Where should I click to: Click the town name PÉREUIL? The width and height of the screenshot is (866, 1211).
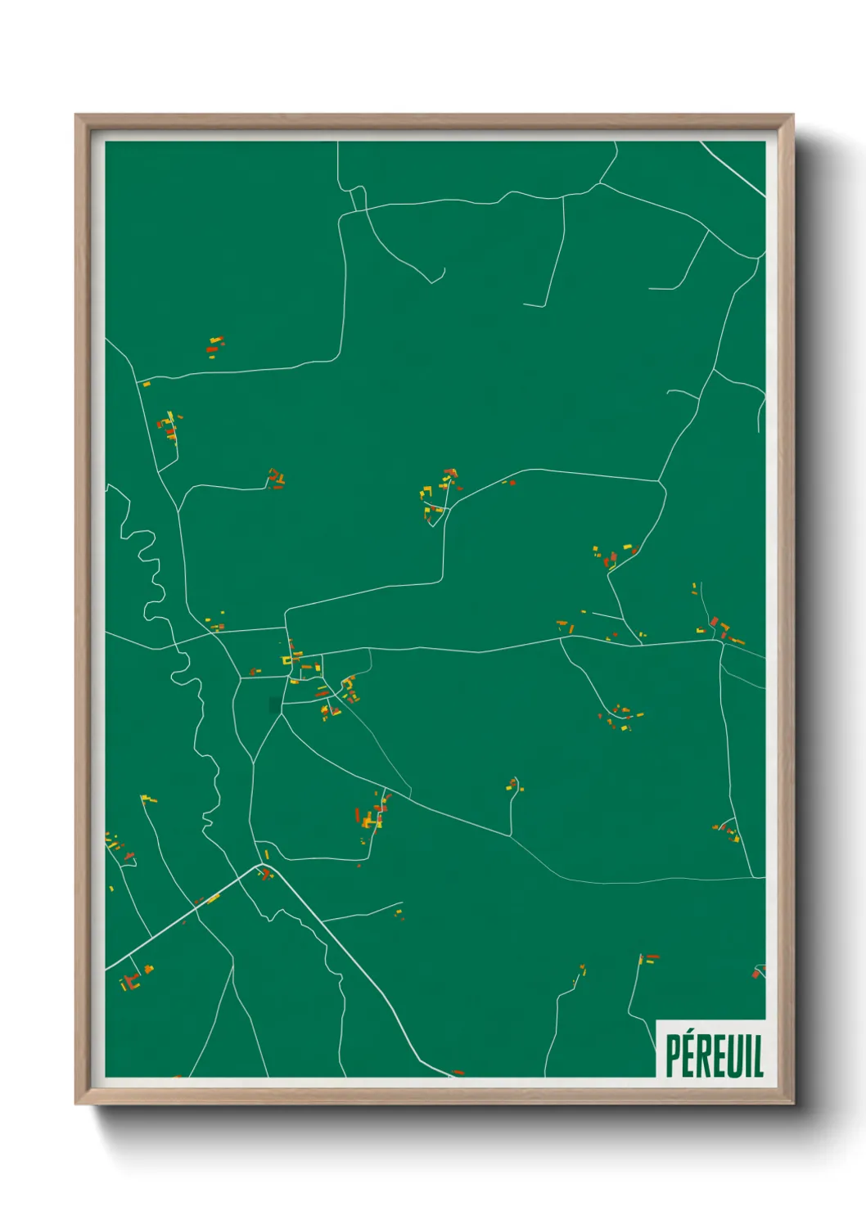tap(714, 1056)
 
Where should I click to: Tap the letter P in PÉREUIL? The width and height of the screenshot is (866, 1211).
tap(674, 1057)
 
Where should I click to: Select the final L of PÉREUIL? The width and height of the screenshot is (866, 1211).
tap(758, 1057)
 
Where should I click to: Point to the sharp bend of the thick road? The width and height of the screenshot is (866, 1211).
tap(264, 864)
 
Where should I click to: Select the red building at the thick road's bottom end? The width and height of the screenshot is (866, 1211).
tap(458, 1072)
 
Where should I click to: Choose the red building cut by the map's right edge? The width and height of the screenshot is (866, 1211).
tap(756, 973)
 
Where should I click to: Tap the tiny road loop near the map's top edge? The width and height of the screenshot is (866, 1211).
tap(358, 197)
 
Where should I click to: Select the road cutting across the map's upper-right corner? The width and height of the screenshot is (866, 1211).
tap(733, 169)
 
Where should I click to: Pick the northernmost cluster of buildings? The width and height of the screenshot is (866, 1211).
tap(214, 346)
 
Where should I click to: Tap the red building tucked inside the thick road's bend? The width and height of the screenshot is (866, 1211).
tap(264, 875)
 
